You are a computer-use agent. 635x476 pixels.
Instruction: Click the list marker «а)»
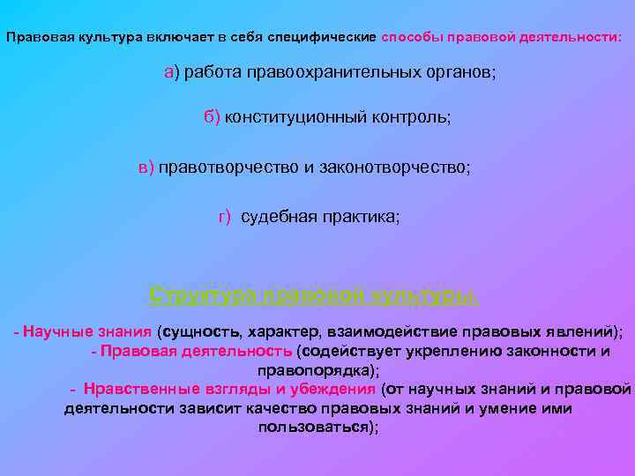point(172,72)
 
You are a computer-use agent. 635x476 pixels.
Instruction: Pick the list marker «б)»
point(213,118)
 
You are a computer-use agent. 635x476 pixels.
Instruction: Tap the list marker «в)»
point(146,167)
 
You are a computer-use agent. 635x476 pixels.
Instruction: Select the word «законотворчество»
point(400,167)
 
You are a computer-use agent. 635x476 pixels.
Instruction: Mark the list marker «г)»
point(225,217)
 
